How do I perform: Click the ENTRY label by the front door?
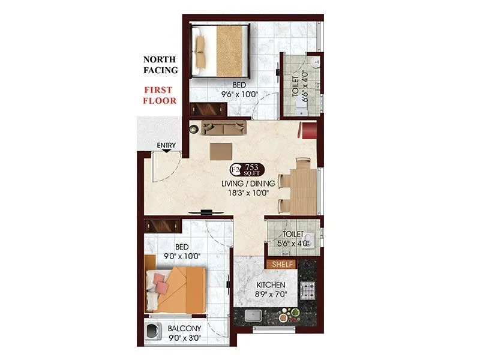pos(166,146)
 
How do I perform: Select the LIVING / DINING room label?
pos(251,183)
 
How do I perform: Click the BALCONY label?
pos(185,329)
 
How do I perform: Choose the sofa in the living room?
pos(224,127)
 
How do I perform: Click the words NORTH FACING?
pos(160,65)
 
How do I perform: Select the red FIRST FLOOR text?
pos(159,95)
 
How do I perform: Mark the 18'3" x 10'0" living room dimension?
pos(251,193)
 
